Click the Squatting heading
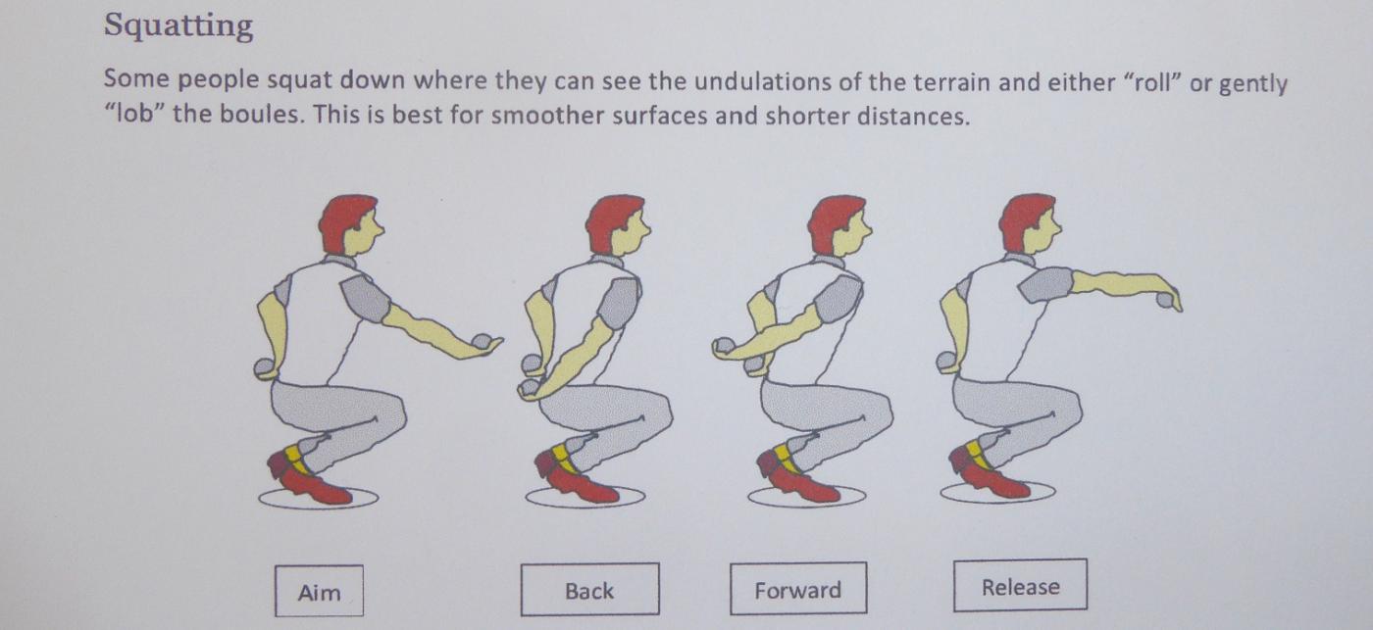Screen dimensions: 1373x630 click(x=178, y=26)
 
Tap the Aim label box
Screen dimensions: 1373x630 click(x=320, y=591)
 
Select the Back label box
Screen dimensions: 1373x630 click(x=589, y=590)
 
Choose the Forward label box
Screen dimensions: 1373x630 click(x=798, y=589)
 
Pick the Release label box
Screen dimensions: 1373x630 click(x=1021, y=585)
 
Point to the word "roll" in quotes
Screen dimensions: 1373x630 click(x=1153, y=82)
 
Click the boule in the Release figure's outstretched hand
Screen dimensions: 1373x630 click(x=1164, y=301)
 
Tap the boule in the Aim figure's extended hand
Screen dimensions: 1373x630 click(x=482, y=342)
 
